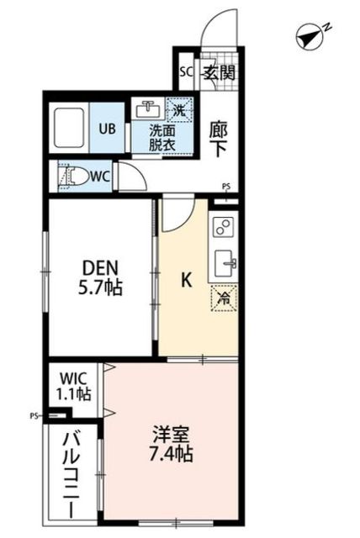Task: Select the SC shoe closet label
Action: click(187, 71)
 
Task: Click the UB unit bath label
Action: click(109, 129)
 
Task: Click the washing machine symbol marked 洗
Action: click(178, 108)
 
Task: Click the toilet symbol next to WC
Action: click(74, 177)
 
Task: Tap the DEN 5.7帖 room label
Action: click(101, 277)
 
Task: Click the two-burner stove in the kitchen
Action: click(224, 227)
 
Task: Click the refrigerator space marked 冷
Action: click(224, 296)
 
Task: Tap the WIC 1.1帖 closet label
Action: click(74, 385)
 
